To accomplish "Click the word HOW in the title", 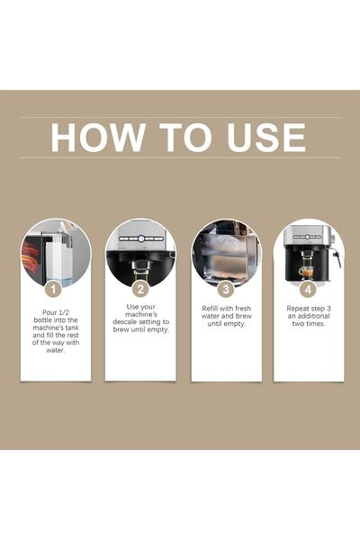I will coord(94,137).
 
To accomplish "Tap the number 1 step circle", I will coord(54,289).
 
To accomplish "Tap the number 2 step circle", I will coord(140,289).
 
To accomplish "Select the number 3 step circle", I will coord(225,289).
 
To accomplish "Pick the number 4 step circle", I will coord(308,289).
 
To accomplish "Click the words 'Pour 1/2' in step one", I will coord(55,310).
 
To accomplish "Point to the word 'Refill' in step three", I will coord(211,310).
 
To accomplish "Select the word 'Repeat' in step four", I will coord(294,310).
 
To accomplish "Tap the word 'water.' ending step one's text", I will coord(55,352).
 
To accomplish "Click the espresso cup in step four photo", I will coord(306,270).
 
